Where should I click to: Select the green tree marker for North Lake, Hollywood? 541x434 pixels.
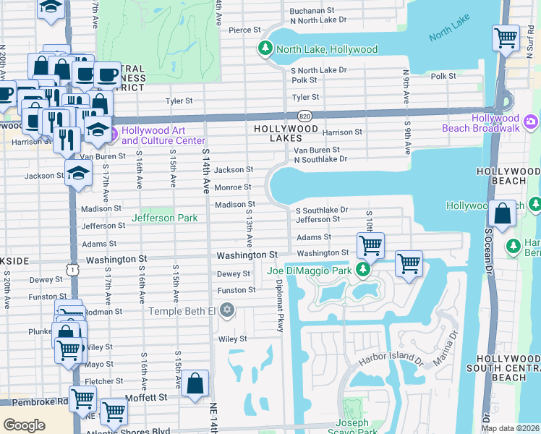pos(265,49)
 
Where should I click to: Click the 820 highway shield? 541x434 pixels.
pos(304,115)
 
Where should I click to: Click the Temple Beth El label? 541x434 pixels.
pos(182,311)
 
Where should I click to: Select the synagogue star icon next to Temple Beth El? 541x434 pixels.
pos(227,310)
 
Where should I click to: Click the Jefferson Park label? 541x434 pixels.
pos(163,218)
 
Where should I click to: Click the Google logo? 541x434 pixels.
pos(24,425)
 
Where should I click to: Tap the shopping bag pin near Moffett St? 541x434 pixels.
pos(195,384)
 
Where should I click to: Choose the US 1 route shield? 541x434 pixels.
pos(72,269)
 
